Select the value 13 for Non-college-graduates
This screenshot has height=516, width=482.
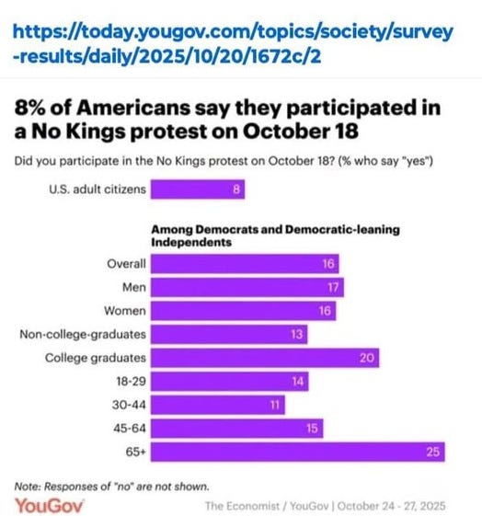pyautogui.click(x=296, y=334)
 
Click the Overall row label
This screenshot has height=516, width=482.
pyautogui.click(x=127, y=263)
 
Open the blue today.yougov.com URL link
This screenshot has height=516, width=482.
pyautogui.click(x=235, y=44)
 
